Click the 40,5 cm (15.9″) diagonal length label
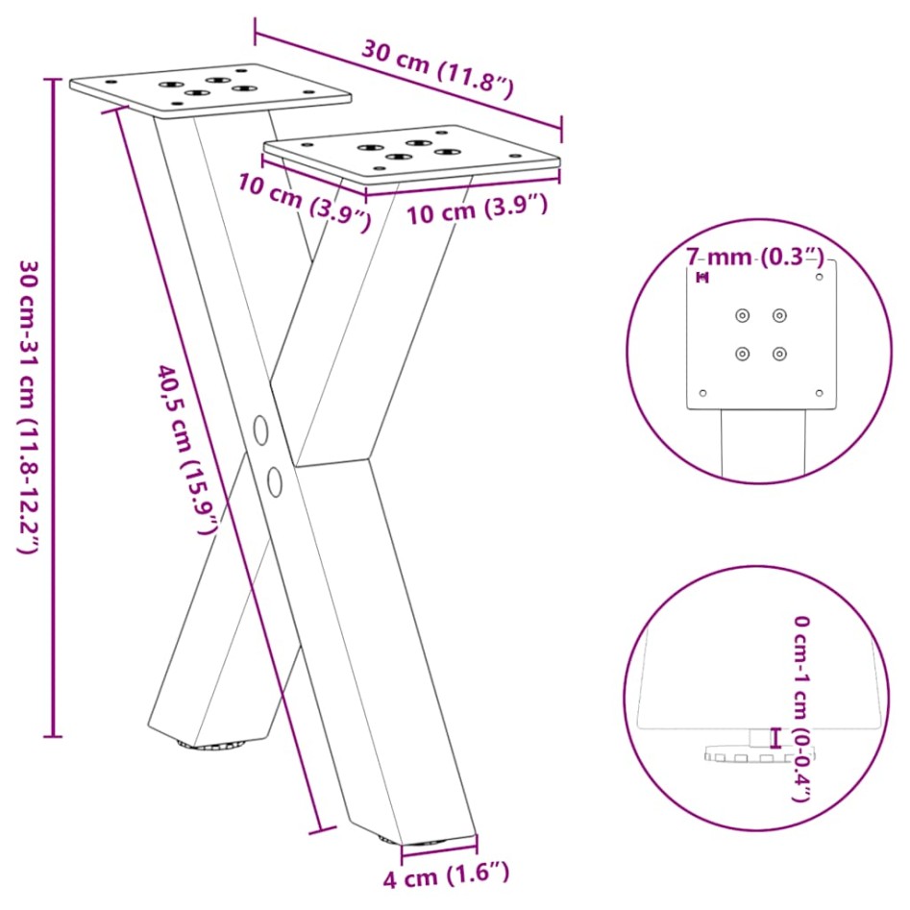point(188,450)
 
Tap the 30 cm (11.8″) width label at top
point(438,69)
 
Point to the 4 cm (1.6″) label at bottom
point(446,874)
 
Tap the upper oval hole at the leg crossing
point(261,430)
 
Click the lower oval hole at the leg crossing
point(275,481)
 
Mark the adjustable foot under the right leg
point(413,841)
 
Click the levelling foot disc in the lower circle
point(758,754)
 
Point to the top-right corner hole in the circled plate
point(819,277)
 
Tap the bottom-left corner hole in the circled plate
point(702,393)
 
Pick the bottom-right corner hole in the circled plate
point(819,393)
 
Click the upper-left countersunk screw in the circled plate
point(742,316)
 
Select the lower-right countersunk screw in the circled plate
point(779,354)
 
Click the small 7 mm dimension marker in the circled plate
point(702,278)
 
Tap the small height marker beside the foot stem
point(775,737)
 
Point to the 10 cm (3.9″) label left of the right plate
point(304,203)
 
